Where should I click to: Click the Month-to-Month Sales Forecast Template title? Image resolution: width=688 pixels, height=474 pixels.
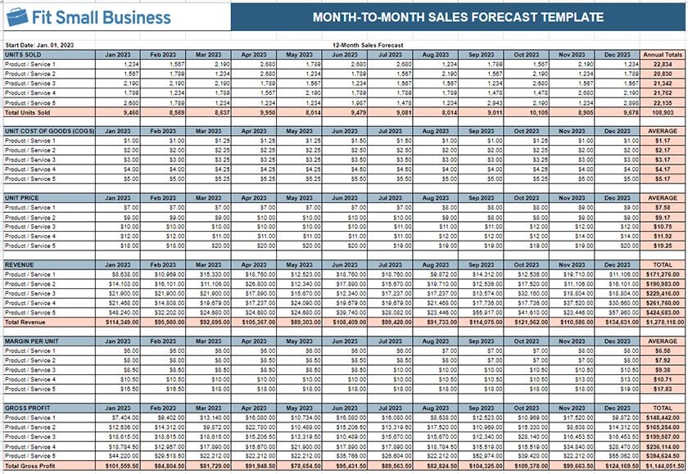459,17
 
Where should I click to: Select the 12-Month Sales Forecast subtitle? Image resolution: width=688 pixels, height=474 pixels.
368,45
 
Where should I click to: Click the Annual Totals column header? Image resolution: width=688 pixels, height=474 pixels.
663,54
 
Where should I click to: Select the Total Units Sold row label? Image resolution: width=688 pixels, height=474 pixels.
29,113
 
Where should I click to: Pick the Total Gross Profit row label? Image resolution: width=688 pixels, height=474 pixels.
31,465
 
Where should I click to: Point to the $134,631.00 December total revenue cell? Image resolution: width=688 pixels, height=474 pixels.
620,322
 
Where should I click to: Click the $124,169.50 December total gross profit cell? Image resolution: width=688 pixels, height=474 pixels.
620,465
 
